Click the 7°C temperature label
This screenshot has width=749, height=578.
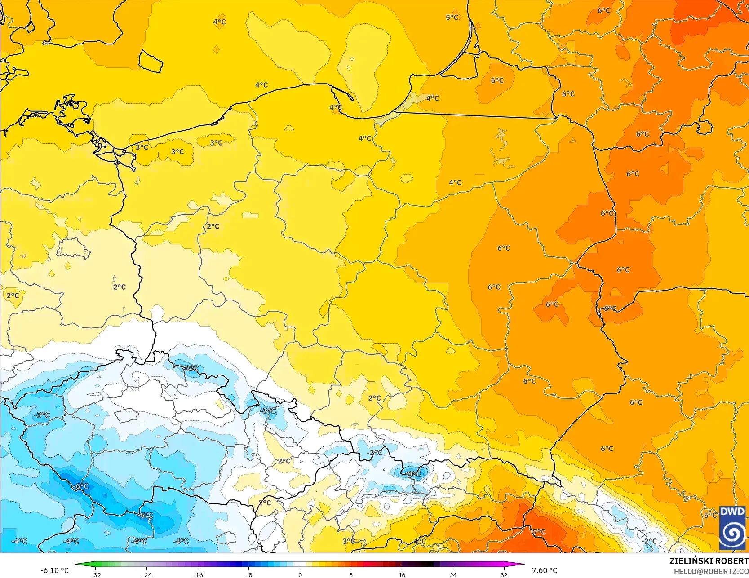(x=539, y=532)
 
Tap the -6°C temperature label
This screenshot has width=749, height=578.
(x=81, y=486)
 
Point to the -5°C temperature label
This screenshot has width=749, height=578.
(x=146, y=516)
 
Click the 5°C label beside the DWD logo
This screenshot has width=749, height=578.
(x=710, y=515)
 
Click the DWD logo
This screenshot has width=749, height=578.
(x=732, y=528)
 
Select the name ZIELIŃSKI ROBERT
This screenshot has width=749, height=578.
(x=709, y=561)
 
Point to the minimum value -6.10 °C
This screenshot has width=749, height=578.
(x=55, y=570)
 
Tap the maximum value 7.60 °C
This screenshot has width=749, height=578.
(x=544, y=570)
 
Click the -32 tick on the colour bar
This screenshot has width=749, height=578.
(x=95, y=575)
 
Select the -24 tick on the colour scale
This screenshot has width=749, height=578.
(x=146, y=575)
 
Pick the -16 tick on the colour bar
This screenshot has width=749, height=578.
(x=198, y=575)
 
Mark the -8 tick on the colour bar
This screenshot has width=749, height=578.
(x=249, y=575)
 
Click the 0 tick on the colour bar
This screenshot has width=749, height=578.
(x=300, y=575)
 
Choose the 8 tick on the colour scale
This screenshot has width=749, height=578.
(x=351, y=575)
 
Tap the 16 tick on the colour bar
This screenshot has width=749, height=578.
(x=402, y=575)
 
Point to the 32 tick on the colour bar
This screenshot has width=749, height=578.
(x=504, y=575)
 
